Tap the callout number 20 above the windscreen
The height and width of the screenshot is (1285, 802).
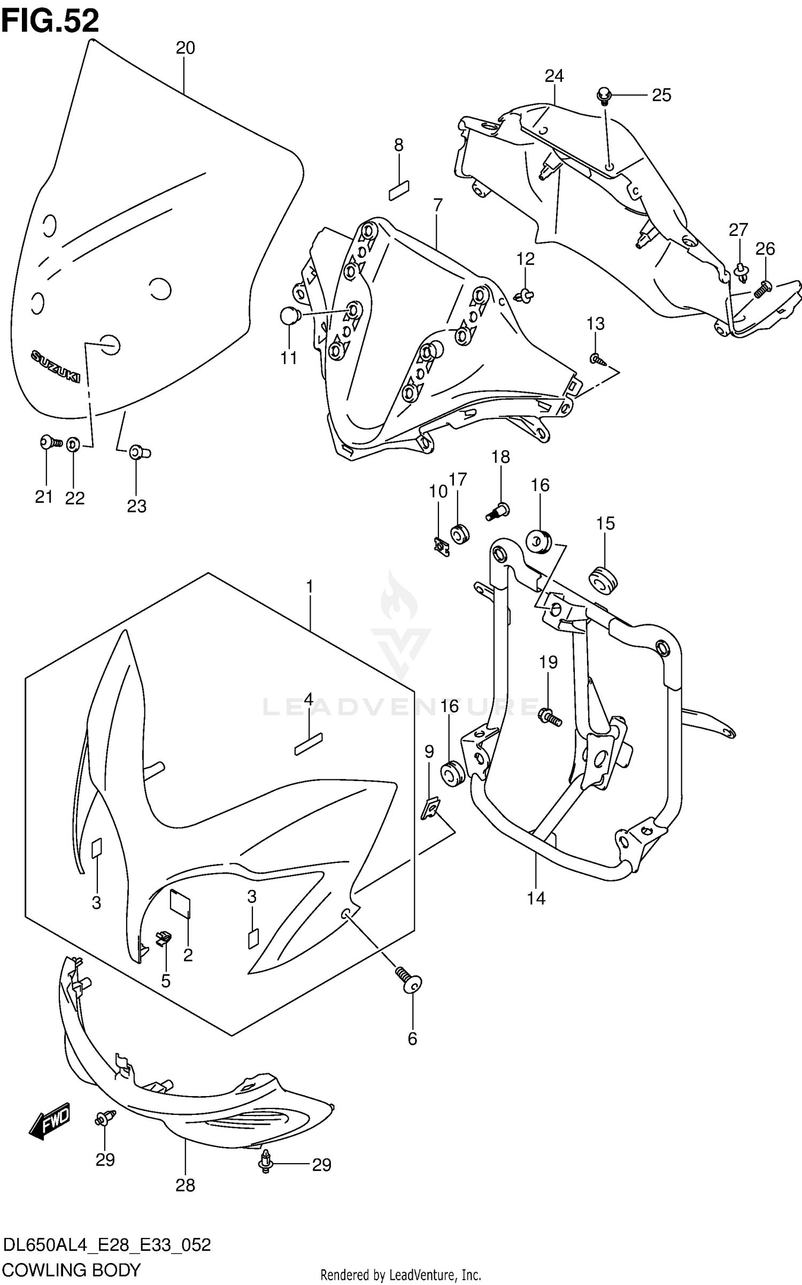click(185, 48)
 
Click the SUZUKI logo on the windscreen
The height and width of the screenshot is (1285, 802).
click(55, 366)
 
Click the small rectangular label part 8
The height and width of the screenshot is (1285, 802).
click(399, 190)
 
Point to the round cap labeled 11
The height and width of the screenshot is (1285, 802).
click(290, 316)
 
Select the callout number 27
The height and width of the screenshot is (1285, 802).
click(738, 230)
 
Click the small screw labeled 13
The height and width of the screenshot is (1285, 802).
click(597, 360)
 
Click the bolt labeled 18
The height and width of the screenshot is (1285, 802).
click(498, 511)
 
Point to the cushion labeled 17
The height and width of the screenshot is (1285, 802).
click(459, 534)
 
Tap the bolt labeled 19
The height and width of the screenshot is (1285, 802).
click(549, 716)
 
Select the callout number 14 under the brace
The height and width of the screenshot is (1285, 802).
click(536, 898)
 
